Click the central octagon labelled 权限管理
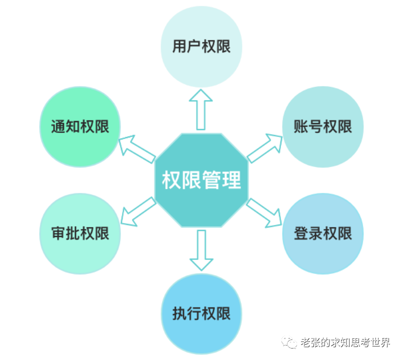pyautogui.click(x=201, y=180)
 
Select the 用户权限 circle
pyautogui.click(x=201, y=46)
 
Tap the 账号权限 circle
pyautogui.click(x=322, y=126)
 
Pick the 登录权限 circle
pyautogui.click(x=322, y=233)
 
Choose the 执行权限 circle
pyautogui.click(x=201, y=313)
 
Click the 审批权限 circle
pyautogui.click(x=80, y=233)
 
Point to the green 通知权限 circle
pyautogui.click(x=80, y=126)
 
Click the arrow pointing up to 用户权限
pyautogui.click(x=201, y=108)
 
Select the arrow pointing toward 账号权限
pyautogui.click(x=265, y=147)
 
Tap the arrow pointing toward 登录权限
pyautogui.click(x=265, y=213)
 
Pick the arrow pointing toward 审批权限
pyautogui.click(x=136, y=213)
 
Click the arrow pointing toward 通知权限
pyautogui.click(x=136, y=147)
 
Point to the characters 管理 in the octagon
pyautogui.click(x=221, y=180)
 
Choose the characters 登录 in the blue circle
pyautogui.click(x=308, y=233)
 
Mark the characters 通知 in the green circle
pyautogui.click(x=65, y=126)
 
